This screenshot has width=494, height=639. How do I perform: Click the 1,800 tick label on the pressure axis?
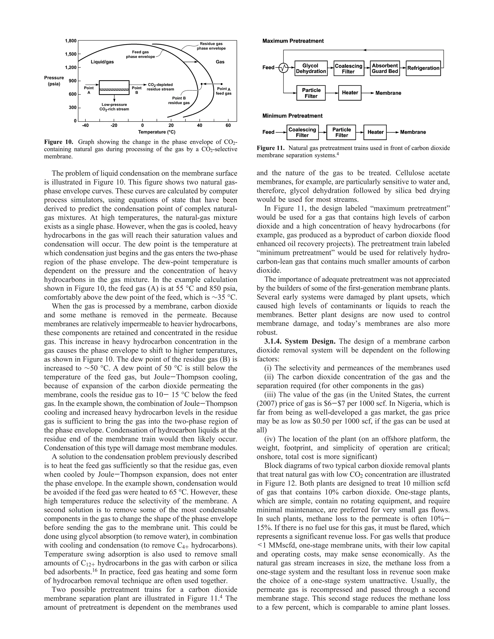tap(70, 41)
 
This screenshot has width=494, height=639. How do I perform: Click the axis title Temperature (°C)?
tap(157, 132)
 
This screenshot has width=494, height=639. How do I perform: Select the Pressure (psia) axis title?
tap(54, 81)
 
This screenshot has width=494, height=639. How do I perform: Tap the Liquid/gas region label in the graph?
tap(102, 62)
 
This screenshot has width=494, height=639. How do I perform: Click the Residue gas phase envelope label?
tap(211, 46)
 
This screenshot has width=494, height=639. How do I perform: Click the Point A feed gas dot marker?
tap(221, 84)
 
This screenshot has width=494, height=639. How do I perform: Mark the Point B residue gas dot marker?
tap(202, 84)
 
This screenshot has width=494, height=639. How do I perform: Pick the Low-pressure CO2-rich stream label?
tap(114, 107)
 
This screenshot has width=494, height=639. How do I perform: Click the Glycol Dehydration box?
tap(310, 68)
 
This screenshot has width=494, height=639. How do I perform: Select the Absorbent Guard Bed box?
tap(384, 68)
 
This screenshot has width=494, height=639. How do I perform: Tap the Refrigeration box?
tap(423, 68)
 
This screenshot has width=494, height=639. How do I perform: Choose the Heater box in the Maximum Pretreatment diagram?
tap(350, 93)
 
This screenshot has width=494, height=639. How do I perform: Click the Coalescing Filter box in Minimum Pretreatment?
tap(302, 132)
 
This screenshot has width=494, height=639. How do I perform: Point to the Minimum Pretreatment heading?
tap(292, 116)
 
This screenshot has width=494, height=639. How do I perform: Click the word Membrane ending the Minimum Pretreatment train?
tap(413, 132)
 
